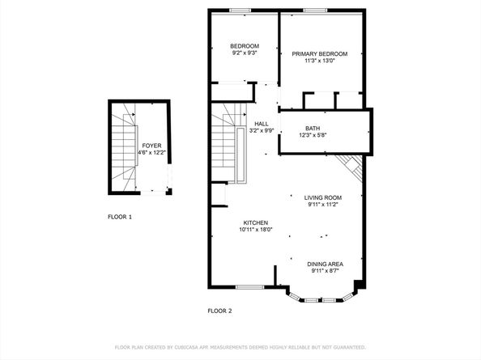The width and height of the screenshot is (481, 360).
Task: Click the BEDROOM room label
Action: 244,45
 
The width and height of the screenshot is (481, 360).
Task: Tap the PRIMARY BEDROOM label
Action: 320,53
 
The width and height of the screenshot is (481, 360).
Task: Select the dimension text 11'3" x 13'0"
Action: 320,61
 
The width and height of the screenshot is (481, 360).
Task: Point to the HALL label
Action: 239,124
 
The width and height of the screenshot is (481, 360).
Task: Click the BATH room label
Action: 312,129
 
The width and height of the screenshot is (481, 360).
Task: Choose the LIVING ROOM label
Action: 323,197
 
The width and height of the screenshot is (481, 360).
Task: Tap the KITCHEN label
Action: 256,222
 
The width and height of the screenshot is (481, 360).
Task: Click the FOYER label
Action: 151,145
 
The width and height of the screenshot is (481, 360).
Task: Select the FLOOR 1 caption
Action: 120,217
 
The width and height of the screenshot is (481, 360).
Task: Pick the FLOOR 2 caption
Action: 219,311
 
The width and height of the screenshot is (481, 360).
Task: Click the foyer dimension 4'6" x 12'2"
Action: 151,152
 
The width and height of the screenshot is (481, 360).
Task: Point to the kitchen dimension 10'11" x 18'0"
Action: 256,230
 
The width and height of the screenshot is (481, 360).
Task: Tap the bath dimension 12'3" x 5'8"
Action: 312,136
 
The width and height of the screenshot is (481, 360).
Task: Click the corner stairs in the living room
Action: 351,168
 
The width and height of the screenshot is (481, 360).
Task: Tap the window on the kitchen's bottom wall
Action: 249,286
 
